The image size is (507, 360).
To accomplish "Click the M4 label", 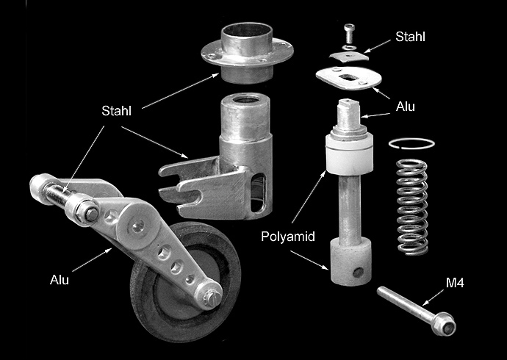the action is pyautogui.click(x=455, y=283).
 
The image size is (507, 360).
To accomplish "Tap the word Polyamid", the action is pyautogui.click(x=288, y=237).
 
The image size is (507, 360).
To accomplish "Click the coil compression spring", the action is pyautogui.click(x=412, y=207).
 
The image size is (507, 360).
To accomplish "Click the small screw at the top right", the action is pyautogui.click(x=349, y=33).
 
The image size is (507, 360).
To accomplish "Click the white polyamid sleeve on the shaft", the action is pyautogui.click(x=349, y=154).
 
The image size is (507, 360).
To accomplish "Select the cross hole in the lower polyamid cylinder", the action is pyautogui.click(x=358, y=272).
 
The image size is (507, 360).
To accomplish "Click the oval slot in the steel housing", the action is pyautogui.click(x=258, y=192).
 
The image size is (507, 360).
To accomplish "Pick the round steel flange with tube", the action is pyautogui.click(x=247, y=51).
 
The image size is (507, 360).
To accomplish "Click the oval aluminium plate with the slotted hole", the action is pyautogui.click(x=348, y=78).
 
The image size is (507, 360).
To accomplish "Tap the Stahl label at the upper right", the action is pyautogui.click(x=410, y=37).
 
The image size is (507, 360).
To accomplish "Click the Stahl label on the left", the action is pyautogui.click(x=116, y=111).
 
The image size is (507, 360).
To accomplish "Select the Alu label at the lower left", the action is pyautogui.click(x=60, y=279).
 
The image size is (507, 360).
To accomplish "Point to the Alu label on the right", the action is pyautogui.click(x=405, y=107).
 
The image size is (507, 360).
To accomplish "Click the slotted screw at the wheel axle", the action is pyautogui.click(x=215, y=295).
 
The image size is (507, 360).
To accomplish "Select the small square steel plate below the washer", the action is pyautogui.click(x=349, y=57).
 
